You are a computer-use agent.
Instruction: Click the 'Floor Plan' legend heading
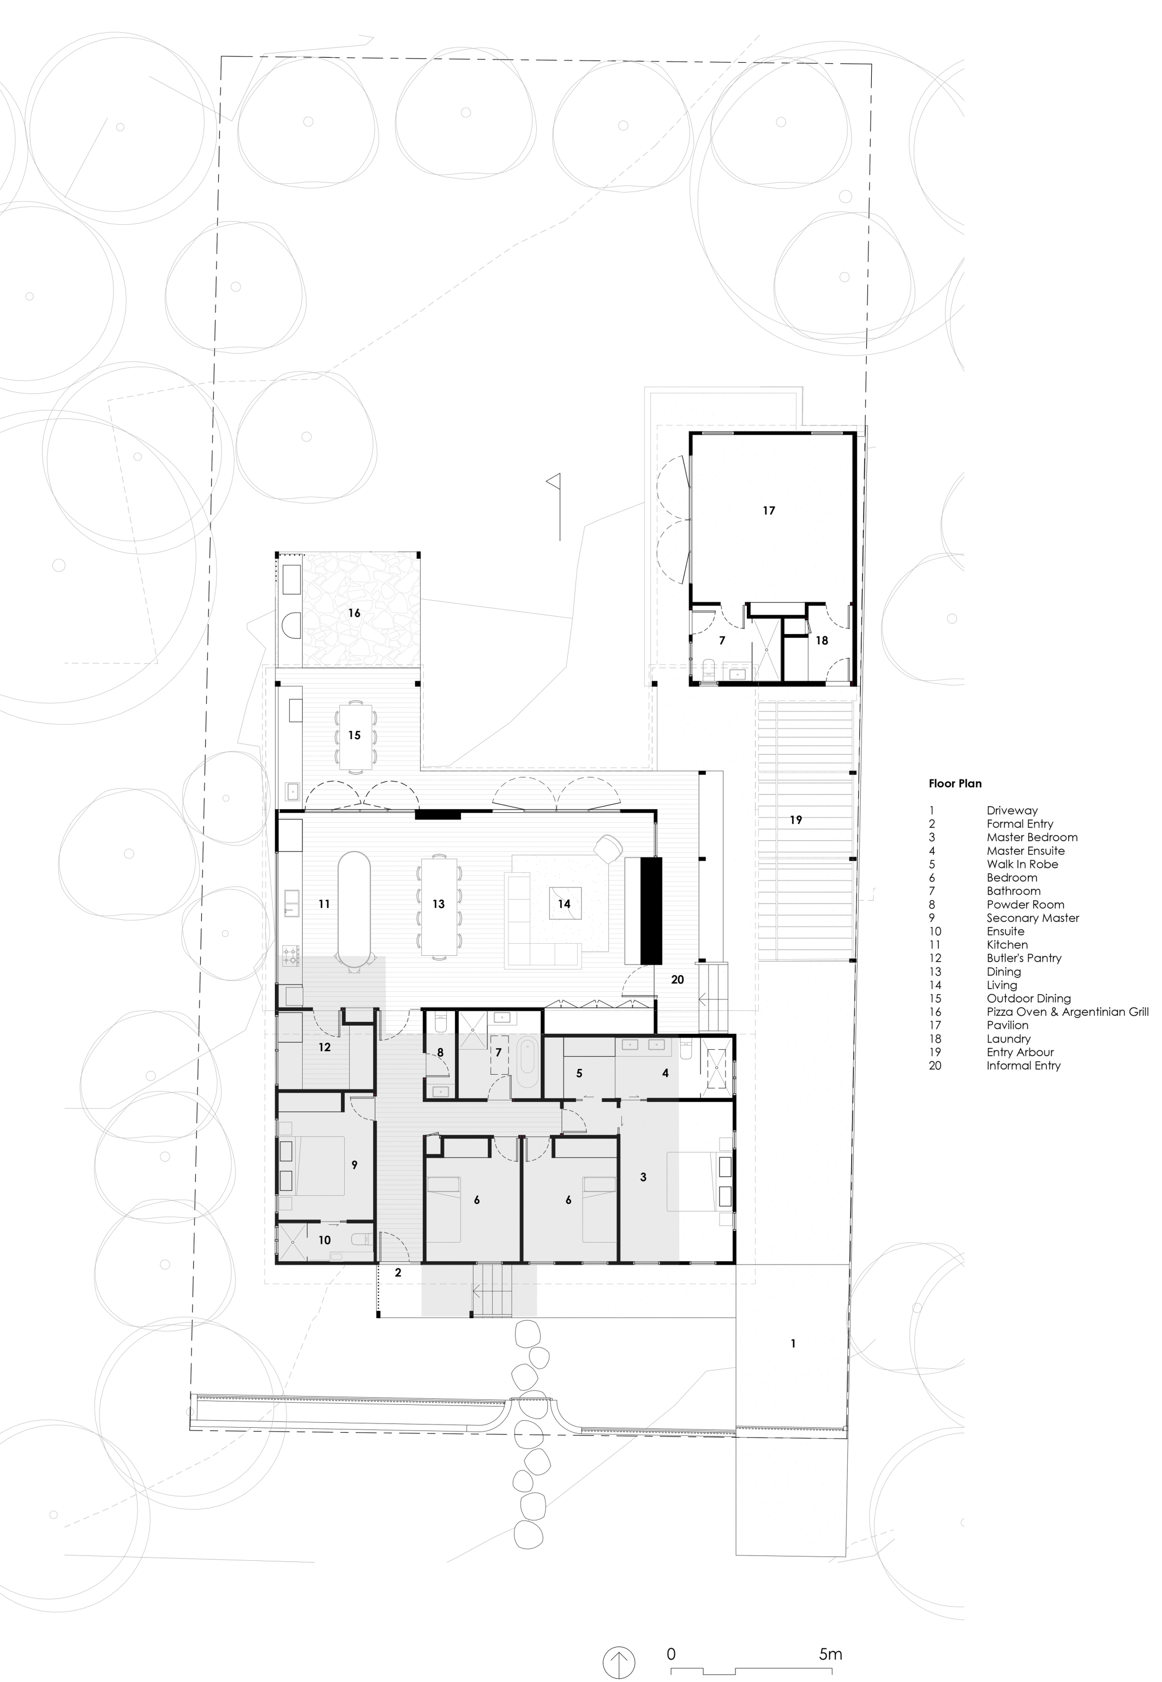[955, 783]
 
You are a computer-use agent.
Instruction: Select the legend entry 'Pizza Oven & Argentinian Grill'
[1068, 1011]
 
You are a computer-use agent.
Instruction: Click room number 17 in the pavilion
[769, 511]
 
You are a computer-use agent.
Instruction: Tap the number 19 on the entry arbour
[796, 820]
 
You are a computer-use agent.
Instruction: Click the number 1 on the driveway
[793, 1343]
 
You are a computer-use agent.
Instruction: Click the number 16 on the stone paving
[354, 613]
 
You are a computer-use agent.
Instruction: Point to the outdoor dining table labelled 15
[355, 735]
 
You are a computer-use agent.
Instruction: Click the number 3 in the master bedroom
[643, 1177]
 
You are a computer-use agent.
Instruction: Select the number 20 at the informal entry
[677, 979]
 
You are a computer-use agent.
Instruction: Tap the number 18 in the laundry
[821, 641]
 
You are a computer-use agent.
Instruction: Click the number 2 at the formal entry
[398, 1273]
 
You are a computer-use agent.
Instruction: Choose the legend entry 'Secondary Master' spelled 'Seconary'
[1032, 918]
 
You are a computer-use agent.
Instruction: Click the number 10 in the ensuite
[324, 1240]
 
